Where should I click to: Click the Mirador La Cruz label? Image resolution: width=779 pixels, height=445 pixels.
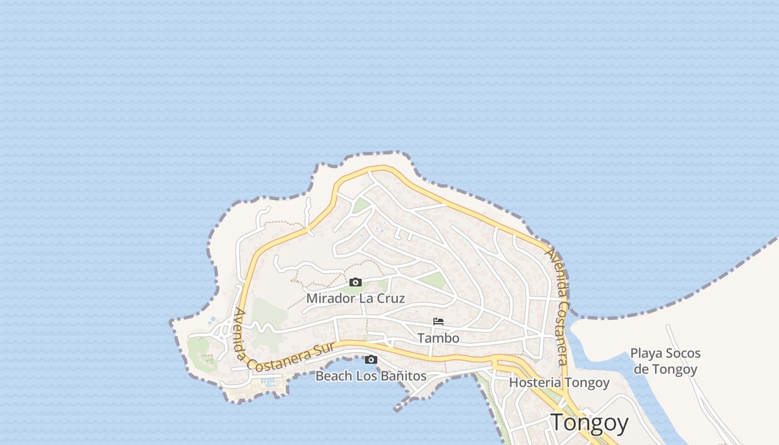pyautogui.click(x=356, y=298)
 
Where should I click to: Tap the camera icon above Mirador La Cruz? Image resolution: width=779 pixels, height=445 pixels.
pyautogui.click(x=356, y=283)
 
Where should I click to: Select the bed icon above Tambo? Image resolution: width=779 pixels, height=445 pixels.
pyautogui.click(x=438, y=322)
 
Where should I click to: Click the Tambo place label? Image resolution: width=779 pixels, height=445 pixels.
pyautogui.click(x=438, y=338)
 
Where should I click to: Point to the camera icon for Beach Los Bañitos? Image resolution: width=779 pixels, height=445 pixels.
pyautogui.click(x=371, y=360)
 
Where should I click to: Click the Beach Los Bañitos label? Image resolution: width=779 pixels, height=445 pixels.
pyautogui.click(x=371, y=376)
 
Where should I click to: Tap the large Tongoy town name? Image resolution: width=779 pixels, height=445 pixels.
pyautogui.click(x=589, y=423)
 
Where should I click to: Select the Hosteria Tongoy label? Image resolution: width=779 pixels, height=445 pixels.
pyautogui.click(x=559, y=383)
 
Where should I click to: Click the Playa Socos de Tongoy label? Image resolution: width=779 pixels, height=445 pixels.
pyautogui.click(x=665, y=361)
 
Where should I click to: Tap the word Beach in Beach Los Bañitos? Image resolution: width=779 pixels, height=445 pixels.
pyautogui.click(x=334, y=376)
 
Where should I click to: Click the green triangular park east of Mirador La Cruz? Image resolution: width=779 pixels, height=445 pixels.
pyautogui.click(x=433, y=280)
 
